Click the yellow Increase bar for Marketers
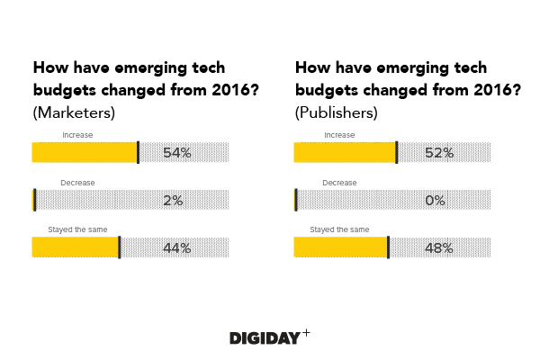(x=84, y=152)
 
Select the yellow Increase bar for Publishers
(x=345, y=152)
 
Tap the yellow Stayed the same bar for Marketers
(x=75, y=247)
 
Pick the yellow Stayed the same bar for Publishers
(x=340, y=247)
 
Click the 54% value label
(x=177, y=153)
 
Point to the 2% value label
(x=174, y=201)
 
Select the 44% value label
(x=176, y=248)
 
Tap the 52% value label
(x=438, y=153)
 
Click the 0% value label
(x=436, y=201)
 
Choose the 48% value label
(x=438, y=248)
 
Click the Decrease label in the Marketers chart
(x=77, y=183)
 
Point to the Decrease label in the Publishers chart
(x=339, y=183)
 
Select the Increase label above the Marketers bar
(x=77, y=135)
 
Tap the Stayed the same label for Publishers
(x=339, y=229)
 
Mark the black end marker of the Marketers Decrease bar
(x=34, y=200)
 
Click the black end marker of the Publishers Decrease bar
(x=295, y=200)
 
